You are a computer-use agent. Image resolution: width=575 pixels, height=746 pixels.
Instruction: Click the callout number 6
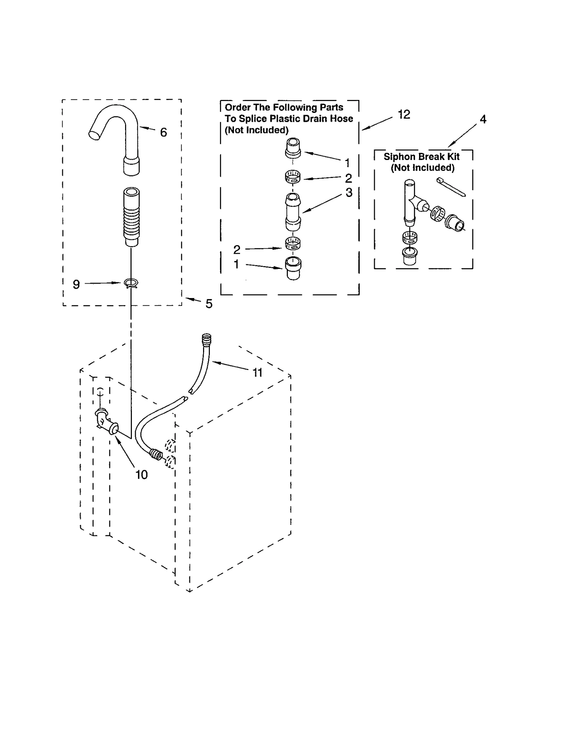[164, 133]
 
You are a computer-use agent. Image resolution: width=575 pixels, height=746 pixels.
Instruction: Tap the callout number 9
[76, 284]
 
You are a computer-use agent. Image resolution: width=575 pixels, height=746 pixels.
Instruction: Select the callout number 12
[404, 114]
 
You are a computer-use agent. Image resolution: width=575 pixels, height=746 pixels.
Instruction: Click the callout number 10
[142, 475]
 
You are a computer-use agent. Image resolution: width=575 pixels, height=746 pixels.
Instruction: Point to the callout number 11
[257, 372]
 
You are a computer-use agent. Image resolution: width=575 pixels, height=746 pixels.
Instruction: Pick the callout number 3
[349, 193]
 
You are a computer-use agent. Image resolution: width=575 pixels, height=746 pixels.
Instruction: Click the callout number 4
[483, 119]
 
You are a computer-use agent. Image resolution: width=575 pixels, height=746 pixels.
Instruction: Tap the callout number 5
[209, 304]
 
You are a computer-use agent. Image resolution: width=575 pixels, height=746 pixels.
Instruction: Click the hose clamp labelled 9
[131, 284]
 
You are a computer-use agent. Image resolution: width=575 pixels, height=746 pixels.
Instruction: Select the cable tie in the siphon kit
[451, 187]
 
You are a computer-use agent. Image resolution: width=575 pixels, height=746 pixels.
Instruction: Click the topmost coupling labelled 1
[293, 148]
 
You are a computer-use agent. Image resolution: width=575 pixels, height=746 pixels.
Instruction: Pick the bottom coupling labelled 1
[293, 268]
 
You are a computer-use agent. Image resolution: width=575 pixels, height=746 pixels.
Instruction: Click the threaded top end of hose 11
[206, 339]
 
